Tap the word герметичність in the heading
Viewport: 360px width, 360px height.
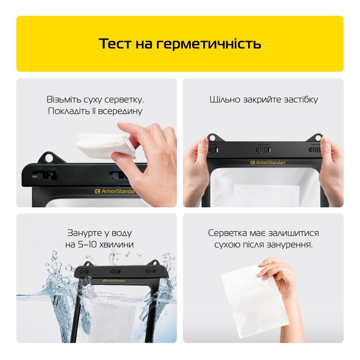(209, 44)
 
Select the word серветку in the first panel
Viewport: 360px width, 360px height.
(124, 100)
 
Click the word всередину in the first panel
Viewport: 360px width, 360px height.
(120, 111)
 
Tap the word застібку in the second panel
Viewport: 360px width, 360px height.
(301, 100)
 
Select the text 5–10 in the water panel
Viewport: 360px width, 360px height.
(87, 244)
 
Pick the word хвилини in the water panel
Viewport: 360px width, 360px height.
(116, 244)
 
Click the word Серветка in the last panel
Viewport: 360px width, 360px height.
(227, 233)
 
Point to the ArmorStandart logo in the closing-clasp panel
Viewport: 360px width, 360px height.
(268, 163)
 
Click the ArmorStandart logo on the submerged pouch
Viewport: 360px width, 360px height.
(114, 280)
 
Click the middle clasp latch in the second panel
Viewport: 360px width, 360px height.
(263, 150)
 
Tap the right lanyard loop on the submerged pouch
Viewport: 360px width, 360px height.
(156, 263)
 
